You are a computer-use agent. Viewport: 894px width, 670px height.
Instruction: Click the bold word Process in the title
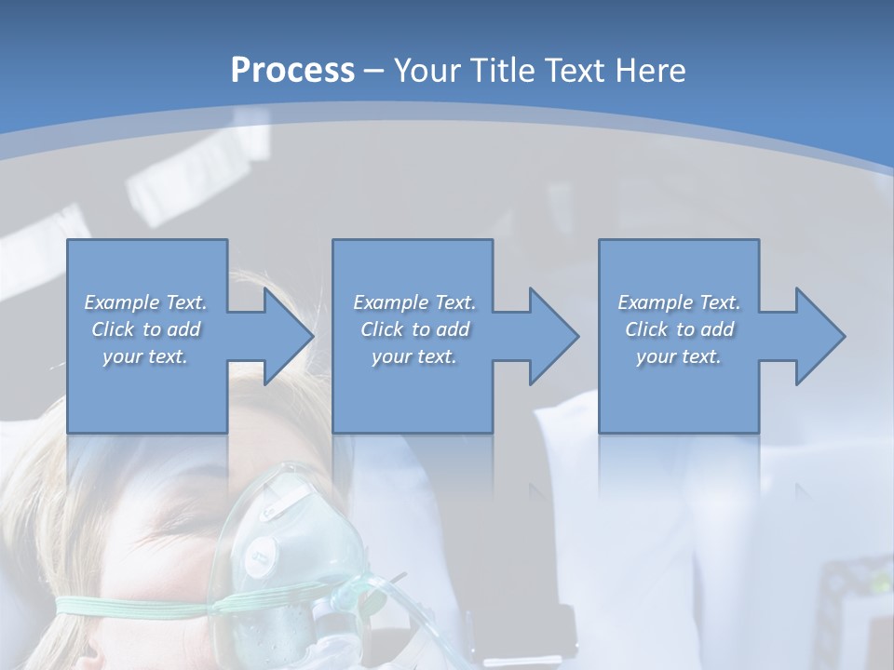[292, 70]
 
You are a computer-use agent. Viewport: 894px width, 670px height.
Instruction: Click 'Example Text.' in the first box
[146, 302]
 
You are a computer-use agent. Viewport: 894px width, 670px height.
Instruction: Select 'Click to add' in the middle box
[414, 329]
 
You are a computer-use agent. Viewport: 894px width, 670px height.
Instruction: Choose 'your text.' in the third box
[679, 356]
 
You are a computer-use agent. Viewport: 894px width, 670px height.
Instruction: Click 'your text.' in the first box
[146, 356]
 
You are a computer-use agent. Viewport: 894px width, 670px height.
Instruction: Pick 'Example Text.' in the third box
[679, 302]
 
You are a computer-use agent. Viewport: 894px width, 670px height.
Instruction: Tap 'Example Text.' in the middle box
[414, 302]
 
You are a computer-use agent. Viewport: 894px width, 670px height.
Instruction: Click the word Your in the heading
[427, 70]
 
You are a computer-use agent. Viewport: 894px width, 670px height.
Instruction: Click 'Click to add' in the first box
[146, 329]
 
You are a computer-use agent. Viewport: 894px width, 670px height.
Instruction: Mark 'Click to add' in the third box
[679, 329]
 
